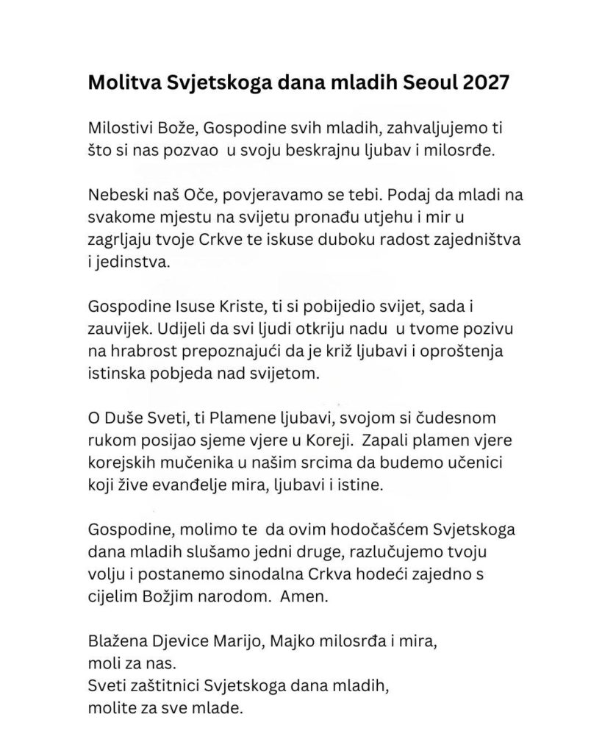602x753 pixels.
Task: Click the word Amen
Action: coord(304,598)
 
